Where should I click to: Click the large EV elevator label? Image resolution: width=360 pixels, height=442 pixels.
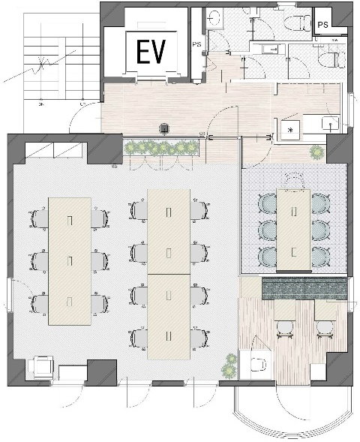point(151,52)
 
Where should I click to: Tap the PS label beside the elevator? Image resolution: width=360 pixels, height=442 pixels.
point(196,44)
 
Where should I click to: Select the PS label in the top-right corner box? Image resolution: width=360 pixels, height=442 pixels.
point(322,25)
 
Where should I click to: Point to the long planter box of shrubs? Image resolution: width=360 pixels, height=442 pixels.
point(161,147)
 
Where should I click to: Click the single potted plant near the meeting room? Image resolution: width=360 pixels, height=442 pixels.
point(317,152)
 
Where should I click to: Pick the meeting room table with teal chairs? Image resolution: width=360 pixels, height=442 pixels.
point(294,230)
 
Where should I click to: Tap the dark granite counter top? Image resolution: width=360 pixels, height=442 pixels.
point(304,288)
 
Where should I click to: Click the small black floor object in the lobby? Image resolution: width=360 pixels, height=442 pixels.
point(164,129)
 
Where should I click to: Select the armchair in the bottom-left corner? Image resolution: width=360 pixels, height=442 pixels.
point(41,366)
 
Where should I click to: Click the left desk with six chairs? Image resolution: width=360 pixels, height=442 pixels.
point(70,261)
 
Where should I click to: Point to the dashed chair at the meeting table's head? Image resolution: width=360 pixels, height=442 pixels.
point(294,180)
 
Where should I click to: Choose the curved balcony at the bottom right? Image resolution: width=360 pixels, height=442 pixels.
point(293,412)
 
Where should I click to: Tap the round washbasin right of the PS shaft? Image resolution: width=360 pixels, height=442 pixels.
point(214,18)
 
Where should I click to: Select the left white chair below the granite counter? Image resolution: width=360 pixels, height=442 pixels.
point(285,329)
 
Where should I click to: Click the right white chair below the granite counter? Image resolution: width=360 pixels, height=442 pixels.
point(325,329)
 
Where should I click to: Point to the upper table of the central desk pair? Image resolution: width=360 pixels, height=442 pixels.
point(169,232)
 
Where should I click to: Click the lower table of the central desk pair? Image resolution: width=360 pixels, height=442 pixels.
point(169,317)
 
